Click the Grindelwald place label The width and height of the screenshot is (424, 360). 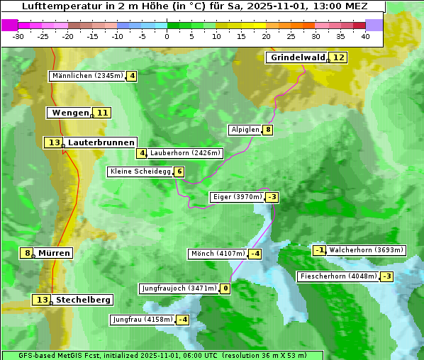(297, 57)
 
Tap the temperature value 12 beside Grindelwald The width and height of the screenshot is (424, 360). (339, 57)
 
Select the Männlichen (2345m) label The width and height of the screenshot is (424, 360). (87, 76)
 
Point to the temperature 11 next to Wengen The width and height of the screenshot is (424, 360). (103, 113)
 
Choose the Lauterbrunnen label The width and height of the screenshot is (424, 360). (101, 142)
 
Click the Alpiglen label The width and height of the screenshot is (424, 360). (245, 130)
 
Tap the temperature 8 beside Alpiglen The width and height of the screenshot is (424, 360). (268, 130)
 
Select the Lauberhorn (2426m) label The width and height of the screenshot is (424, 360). (186, 152)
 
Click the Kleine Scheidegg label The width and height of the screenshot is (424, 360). (140, 171)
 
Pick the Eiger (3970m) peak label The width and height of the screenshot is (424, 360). (237, 197)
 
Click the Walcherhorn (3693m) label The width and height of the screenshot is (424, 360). (366, 250)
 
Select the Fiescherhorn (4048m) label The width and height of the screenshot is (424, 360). (337, 276)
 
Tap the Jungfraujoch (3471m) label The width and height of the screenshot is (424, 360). (178, 288)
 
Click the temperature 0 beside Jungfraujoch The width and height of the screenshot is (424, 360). (225, 288)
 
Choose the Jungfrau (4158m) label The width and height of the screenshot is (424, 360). (142, 320)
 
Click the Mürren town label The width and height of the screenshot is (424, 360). (54, 253)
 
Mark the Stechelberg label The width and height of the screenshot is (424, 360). (83, 300)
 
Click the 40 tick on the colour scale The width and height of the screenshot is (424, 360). (365, 36)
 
